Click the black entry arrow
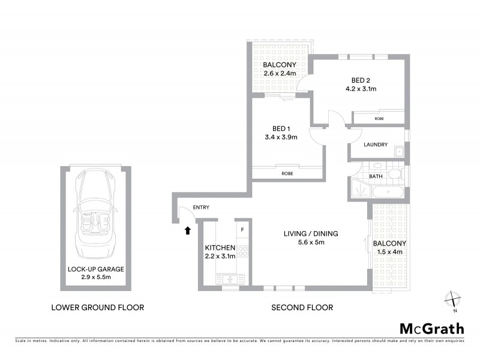coord(188,230)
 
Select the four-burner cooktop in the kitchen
coord(243,251)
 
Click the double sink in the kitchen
coord(228,279)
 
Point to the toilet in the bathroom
coord(394,174)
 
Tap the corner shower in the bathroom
coord(360,189)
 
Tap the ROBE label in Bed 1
coord(288,173)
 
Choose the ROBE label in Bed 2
coord(379,119)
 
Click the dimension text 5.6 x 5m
coord(303,242)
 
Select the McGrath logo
coord(432,328)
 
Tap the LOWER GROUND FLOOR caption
coord(97,308)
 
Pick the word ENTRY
coord(201,208)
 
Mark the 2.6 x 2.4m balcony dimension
coord(280,73)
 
